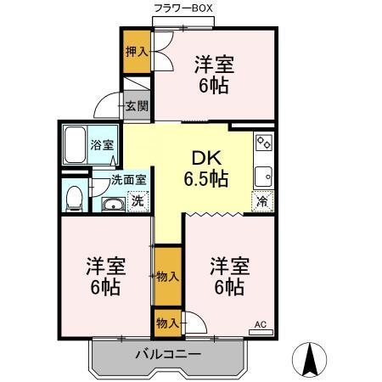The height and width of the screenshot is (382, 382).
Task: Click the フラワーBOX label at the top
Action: click(183, 8)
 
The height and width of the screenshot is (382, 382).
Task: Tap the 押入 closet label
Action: click(136, 52)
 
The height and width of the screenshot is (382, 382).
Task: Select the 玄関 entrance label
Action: click(137, 106)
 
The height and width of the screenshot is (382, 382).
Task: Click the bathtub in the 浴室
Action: click(77, 144)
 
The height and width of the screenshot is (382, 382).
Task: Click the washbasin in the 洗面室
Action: click(112, 204)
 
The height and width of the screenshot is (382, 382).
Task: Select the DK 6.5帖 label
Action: click(205, 168)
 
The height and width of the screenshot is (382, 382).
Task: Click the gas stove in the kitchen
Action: click(263, 143)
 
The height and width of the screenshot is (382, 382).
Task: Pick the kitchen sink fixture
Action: click(263, 176)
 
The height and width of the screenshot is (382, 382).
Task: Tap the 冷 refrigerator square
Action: click(263, 202)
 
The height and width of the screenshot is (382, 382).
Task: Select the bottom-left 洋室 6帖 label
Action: click(106, 275)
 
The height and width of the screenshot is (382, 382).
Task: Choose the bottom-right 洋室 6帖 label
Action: click(228, 275)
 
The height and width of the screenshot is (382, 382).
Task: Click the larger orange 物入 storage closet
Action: click(167, 275)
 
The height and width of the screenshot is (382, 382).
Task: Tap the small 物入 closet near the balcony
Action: click(167, 323)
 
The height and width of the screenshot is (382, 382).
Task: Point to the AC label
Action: click(261, 323)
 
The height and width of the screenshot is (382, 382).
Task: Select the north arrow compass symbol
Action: click(310, 360)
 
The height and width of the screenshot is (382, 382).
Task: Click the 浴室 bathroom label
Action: click(103, 145)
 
